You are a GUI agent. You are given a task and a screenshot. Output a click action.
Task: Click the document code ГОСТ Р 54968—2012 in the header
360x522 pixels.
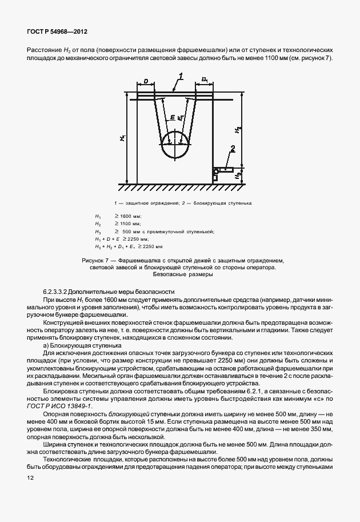57,34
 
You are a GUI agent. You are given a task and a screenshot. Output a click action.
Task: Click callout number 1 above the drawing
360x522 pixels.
180,76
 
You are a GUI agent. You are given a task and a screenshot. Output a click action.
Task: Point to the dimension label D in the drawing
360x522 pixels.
146,82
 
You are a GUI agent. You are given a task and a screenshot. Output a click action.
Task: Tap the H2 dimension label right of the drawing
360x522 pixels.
237,131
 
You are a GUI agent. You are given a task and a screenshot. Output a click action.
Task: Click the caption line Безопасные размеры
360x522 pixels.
179,275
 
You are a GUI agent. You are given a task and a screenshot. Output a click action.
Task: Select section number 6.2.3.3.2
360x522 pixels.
62,292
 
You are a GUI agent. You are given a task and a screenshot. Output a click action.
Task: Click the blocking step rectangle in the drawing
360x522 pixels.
226,171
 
